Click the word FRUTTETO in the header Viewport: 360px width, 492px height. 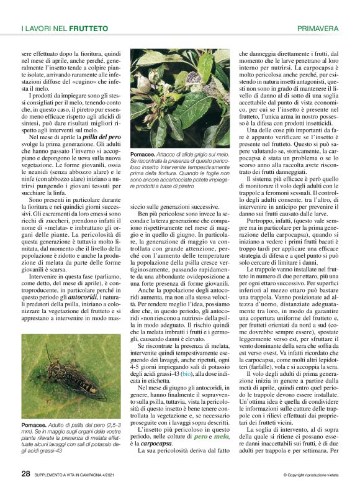click(x=88, y=29)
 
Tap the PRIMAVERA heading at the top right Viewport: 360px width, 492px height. click(x=318, y=29)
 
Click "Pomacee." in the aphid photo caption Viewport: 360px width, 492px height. click(x=143, y=153)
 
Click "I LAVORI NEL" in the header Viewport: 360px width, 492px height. click(x=43, y=29)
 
